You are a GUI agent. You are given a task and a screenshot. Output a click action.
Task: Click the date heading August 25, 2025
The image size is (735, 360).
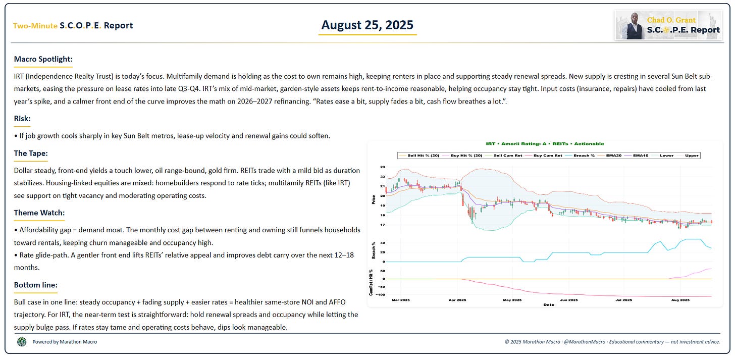point(367,25)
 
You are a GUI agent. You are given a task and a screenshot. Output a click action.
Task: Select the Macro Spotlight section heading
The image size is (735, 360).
point(43,60)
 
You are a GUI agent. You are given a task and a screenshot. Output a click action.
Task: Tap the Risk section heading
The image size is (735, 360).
point(22,119)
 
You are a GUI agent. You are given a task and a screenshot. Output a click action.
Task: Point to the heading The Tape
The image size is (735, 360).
point(31,153)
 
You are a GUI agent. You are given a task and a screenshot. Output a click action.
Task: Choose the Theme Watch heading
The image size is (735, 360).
point(39,213)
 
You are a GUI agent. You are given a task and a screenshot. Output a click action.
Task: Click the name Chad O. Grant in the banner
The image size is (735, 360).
point(671,20)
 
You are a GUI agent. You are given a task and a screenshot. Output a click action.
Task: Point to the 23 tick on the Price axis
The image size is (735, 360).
point(382,167)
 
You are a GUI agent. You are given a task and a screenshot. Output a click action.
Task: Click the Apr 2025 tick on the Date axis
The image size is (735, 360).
point(457,300)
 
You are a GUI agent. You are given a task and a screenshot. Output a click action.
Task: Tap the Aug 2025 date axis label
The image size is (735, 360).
point(680,300)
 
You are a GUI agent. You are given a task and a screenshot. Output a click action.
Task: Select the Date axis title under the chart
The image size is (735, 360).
point(549,304)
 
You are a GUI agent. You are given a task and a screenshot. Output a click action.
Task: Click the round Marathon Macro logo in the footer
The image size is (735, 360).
point(21,342)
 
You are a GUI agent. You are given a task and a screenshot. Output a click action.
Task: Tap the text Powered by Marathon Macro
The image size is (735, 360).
point(65,342)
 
